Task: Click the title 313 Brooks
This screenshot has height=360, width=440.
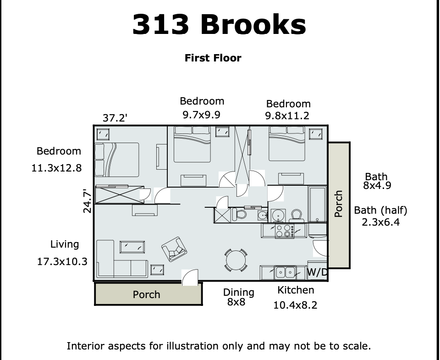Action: (219, 24)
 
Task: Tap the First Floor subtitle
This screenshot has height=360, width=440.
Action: (213, 58)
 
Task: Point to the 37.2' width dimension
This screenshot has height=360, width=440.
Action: (115, 118)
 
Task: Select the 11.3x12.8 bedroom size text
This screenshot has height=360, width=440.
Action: (56, 168)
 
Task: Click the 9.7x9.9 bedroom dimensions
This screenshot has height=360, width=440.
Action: (202, 115)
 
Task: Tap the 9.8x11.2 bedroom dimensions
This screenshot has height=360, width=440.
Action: (287, 116)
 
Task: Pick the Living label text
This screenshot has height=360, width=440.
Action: (65, 244)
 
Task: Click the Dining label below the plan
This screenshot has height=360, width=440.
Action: (239, 292)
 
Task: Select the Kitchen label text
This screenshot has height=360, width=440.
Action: (296, 290)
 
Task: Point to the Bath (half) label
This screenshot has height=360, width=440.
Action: (380, 210)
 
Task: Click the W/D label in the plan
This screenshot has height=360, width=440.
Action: (317, 272)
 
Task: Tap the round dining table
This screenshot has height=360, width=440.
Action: (236, 260)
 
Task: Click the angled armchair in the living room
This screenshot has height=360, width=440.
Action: (174, 249)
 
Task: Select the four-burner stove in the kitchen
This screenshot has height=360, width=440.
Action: (285, 231)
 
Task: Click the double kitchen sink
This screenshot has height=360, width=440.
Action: (285, 272)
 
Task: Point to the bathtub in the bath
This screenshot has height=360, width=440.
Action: (317, 204)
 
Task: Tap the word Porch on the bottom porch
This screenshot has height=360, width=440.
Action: (147, 294)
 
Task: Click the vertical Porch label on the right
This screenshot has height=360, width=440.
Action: (339, 204)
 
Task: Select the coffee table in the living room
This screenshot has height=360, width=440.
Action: (132, 247)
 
